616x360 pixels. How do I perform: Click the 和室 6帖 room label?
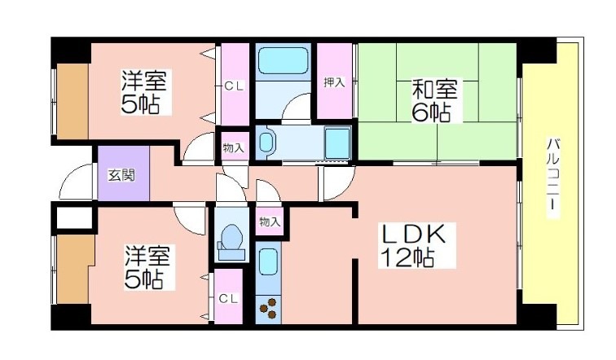(434, 100)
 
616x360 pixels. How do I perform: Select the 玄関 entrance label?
(121, 175)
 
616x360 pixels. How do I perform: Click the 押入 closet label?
(335, 82)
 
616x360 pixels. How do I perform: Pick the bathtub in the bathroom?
(283, 61)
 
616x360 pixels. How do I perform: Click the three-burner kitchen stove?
(268, 308)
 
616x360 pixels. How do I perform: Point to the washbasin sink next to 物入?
(266, 142)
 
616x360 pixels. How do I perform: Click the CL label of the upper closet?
(235, 86)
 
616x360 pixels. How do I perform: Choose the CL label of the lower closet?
(229, 298)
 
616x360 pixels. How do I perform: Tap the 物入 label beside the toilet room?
(271, 222)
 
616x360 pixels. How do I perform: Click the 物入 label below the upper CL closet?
(233, 148)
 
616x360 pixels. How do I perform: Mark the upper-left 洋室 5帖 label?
(144, 92)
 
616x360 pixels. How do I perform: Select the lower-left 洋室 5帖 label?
(147, 267)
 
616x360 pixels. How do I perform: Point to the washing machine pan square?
(337, 143)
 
